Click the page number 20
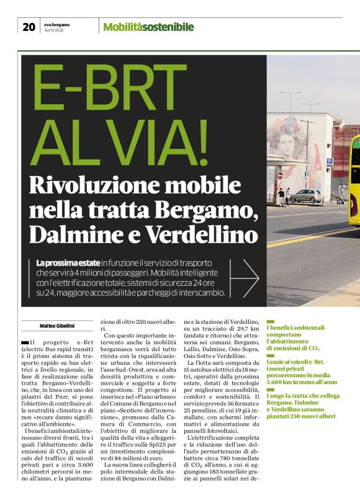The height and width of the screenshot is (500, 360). [x=29, y=27]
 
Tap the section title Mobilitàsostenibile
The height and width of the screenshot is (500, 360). [x=148, y=27]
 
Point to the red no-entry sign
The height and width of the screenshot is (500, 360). [x=280, y=176]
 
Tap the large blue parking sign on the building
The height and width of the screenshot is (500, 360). [x=329, y=161]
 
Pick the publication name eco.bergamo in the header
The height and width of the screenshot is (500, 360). [x=57, y=24]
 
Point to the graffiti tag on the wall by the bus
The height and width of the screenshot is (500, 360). [x=343, y=192]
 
